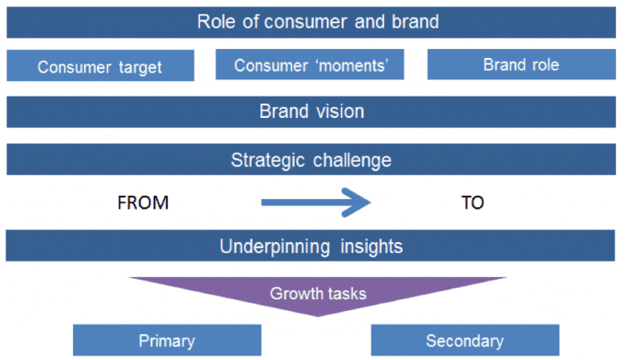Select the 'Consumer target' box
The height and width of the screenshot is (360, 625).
coord(100,66)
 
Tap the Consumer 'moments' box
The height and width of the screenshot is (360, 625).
coord(310,64)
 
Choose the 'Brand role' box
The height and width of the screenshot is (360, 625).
coord(521,64)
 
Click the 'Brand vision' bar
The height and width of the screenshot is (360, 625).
coord(312,112)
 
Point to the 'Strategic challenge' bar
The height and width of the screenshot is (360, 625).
coord(312,160)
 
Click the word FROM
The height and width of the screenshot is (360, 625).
coord(143,204)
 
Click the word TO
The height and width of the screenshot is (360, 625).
coord(472,204)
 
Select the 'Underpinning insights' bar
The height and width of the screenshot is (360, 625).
coord(312,247)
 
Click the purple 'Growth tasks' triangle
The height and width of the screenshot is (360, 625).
coord(318,292)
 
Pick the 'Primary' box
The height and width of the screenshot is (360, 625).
coord(167,340)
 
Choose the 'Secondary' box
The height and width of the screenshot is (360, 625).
coord(464,340)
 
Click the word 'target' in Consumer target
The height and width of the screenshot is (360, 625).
coord(138,67)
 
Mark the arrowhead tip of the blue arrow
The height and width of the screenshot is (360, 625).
coord(369,204)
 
